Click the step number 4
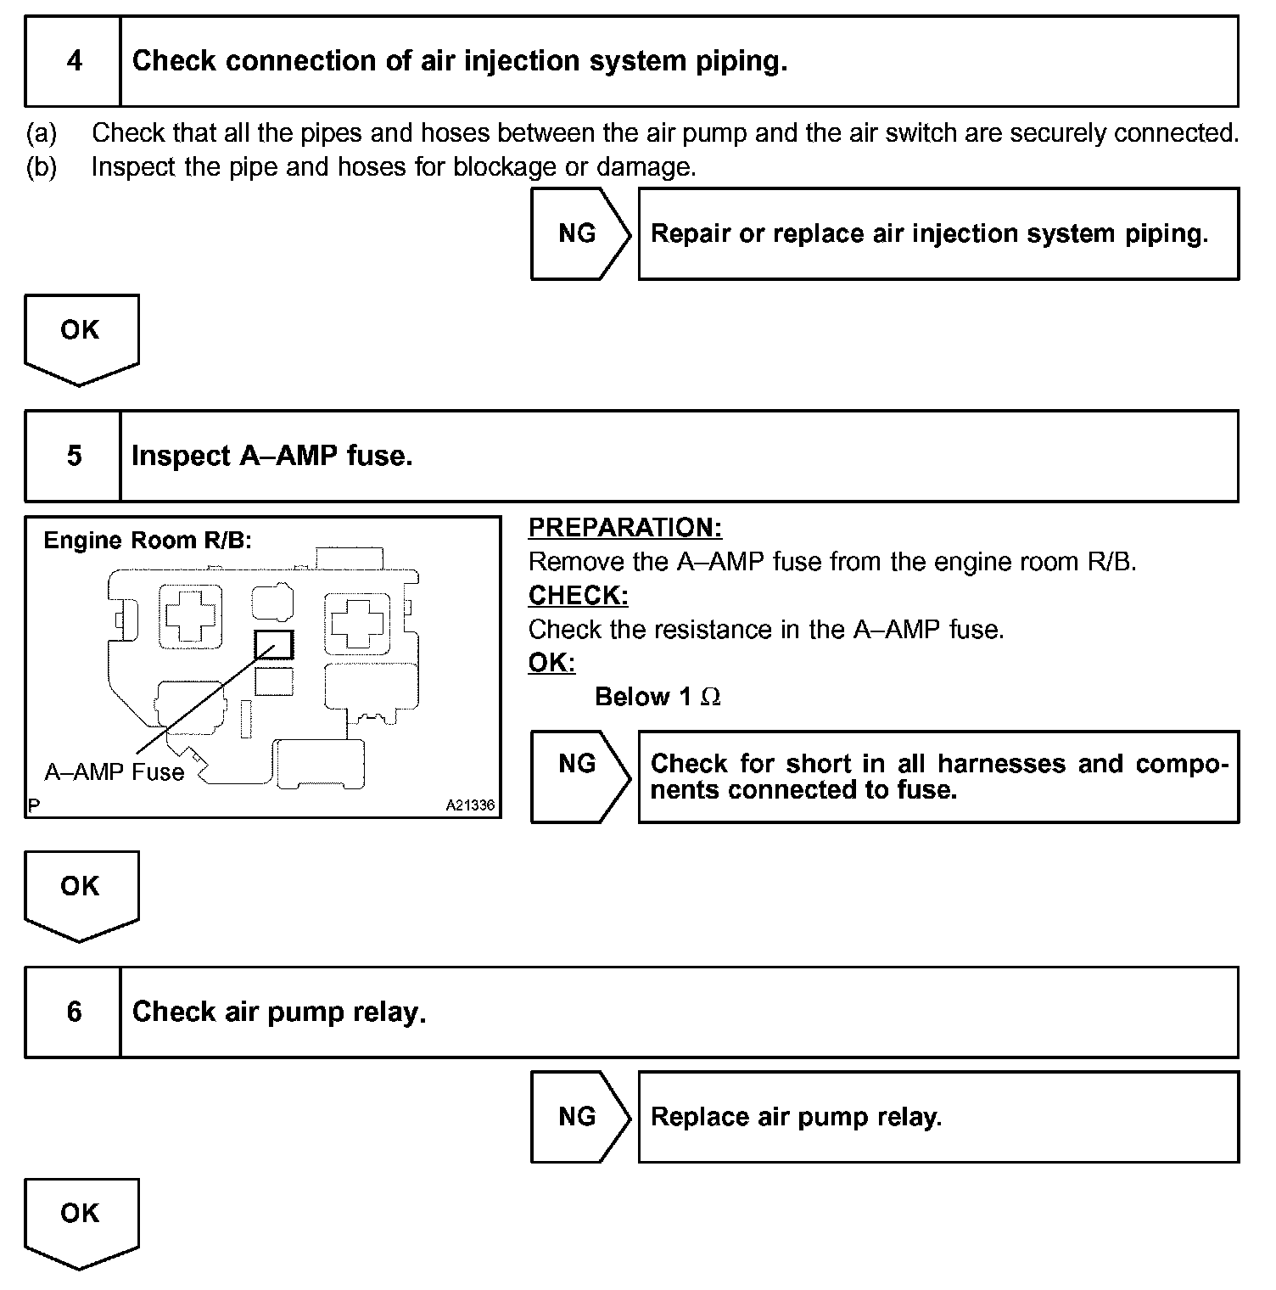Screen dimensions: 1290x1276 pos(74,61)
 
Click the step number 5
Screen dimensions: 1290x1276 pos(74,456)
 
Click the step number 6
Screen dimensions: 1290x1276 pos(74,1012)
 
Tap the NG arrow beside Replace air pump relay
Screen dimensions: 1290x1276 pos(579,1117)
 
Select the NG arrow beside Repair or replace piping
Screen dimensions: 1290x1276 pos(579,233)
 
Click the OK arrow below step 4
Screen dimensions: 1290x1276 pos(81,335)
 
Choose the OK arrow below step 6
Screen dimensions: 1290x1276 pos(81,1219)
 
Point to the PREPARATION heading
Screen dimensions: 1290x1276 pos(625,528)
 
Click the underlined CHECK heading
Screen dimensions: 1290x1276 pos(578,596)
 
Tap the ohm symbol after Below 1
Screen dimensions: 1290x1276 pos(711,698)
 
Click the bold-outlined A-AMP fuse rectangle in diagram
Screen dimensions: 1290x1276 pos(274,644)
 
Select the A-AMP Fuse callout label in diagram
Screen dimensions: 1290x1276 pos(114,772)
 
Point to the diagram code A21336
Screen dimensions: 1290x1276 pos(470,805)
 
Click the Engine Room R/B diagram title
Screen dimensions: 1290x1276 pos(148,541)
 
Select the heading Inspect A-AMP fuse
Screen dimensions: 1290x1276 pos(271,456)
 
